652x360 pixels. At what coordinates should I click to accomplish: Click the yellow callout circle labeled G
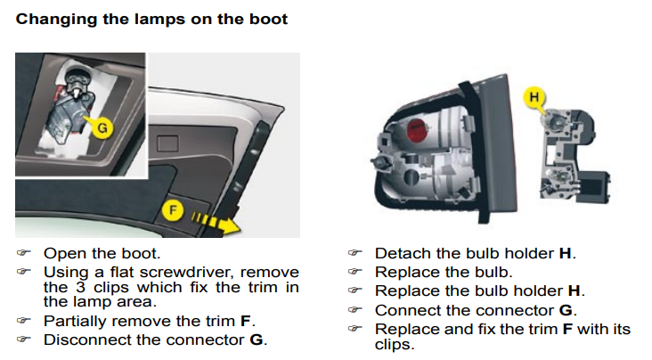coord(102,127)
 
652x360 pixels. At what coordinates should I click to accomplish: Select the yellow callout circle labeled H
coord(534,97)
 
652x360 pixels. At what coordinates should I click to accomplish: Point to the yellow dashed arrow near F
coord(216,223)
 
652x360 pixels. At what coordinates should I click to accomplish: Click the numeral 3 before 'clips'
coord(81,287)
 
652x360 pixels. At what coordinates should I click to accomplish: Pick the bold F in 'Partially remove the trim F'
coord(245,322)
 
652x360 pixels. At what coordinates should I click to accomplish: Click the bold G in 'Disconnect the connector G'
coord(257,340)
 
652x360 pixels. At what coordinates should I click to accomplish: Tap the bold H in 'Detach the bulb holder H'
coord(565,253)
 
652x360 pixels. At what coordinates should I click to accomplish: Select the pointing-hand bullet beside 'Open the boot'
coord(24,253)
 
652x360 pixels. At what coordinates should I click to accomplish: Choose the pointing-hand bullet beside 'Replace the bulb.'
coord(355,272)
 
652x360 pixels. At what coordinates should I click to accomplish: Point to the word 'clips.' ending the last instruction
coord(395,345)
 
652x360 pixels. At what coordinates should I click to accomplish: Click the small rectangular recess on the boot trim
coord(168,143)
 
